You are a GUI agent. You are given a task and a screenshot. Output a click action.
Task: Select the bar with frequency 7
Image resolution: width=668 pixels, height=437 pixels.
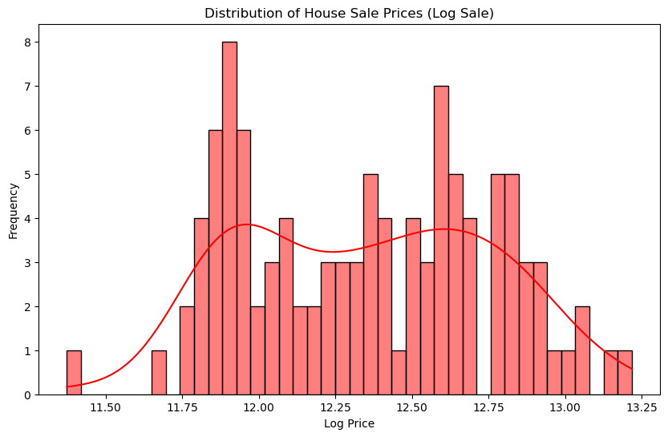click(441, 241)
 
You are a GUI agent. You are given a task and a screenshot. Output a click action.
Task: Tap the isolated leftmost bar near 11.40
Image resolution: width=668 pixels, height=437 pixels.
click(74, 373)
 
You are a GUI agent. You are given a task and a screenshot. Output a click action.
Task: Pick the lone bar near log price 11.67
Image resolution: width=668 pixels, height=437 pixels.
click(159, 373)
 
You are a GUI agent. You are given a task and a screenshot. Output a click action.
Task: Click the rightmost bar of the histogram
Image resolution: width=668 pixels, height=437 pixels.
click(625, 373)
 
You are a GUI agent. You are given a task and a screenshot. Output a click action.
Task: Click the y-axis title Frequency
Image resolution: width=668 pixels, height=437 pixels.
click(13, 210)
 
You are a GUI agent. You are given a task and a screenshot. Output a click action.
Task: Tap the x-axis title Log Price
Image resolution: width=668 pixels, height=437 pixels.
click(349, 423)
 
